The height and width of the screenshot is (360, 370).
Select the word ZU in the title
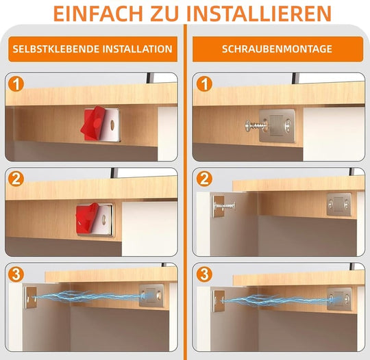(x=180, y=14)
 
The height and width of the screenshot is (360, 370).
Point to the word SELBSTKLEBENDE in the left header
(x=56, y=49)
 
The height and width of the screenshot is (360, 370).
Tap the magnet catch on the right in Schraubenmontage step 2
(x=339, y=203)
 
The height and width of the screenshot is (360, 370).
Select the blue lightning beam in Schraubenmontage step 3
(x=274, y=299)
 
